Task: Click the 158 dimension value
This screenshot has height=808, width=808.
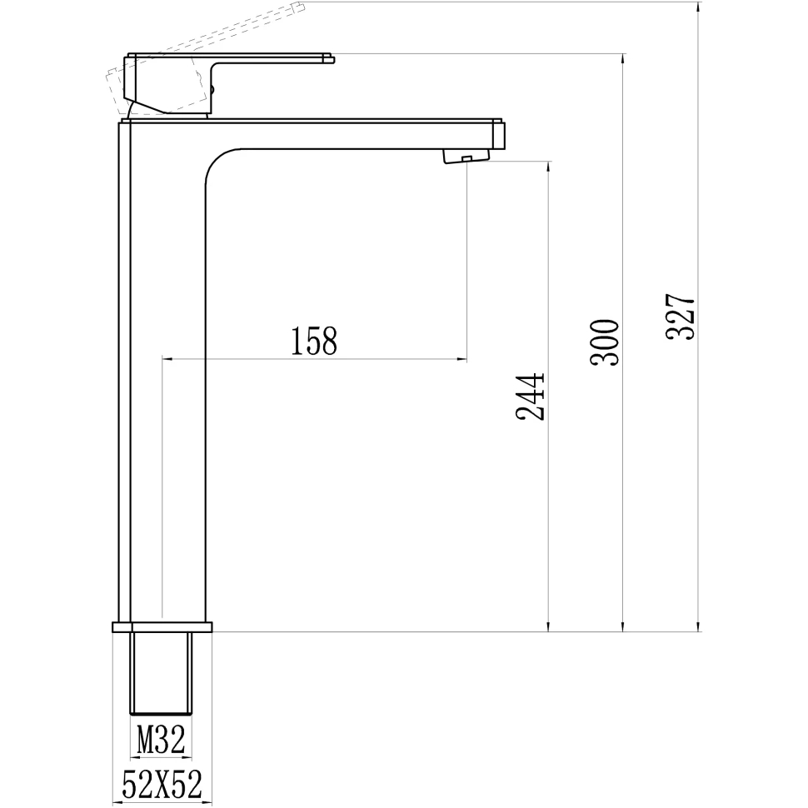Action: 314,341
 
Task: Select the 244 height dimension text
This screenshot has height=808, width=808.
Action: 531,397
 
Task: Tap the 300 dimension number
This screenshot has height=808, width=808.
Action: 606,342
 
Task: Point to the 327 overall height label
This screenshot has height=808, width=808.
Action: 681,317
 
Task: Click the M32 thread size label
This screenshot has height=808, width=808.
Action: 160,741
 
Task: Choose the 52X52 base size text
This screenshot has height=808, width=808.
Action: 162,785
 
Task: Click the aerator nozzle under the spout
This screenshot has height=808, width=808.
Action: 467,156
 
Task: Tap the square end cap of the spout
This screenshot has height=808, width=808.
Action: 499,135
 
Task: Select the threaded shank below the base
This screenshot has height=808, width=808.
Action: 162,673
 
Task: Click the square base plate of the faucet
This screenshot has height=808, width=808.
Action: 162,626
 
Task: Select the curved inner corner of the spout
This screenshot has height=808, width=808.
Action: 218,162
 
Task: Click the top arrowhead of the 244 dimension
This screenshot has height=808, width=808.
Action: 547,166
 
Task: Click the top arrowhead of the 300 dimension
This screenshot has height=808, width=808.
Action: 622,59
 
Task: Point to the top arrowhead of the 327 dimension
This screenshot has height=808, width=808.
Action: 698,8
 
